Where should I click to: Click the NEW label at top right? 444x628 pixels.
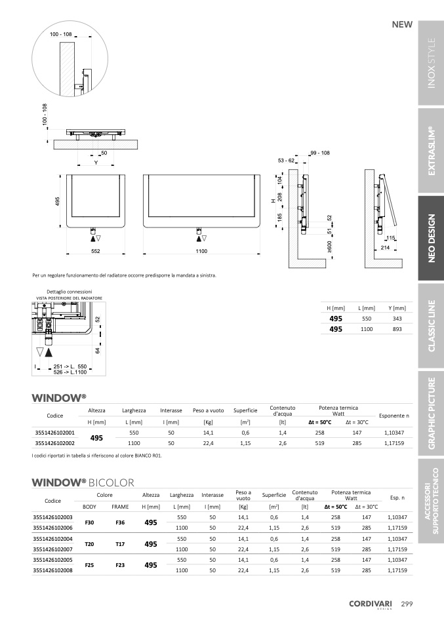[402, 24]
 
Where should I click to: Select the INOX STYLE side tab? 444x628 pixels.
[431, 63]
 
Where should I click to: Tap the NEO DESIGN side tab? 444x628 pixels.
[431, 238]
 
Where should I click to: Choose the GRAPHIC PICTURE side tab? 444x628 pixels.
[431, 414]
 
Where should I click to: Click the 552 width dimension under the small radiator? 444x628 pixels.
[95, 251]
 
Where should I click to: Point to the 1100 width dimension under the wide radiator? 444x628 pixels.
[201, 251]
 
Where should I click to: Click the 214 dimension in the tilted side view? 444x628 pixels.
[385, 248]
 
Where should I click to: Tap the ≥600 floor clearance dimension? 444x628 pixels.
[329, 246]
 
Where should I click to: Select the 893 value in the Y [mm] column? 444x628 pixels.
[397, 329]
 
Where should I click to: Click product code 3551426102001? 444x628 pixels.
[55, 433]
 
